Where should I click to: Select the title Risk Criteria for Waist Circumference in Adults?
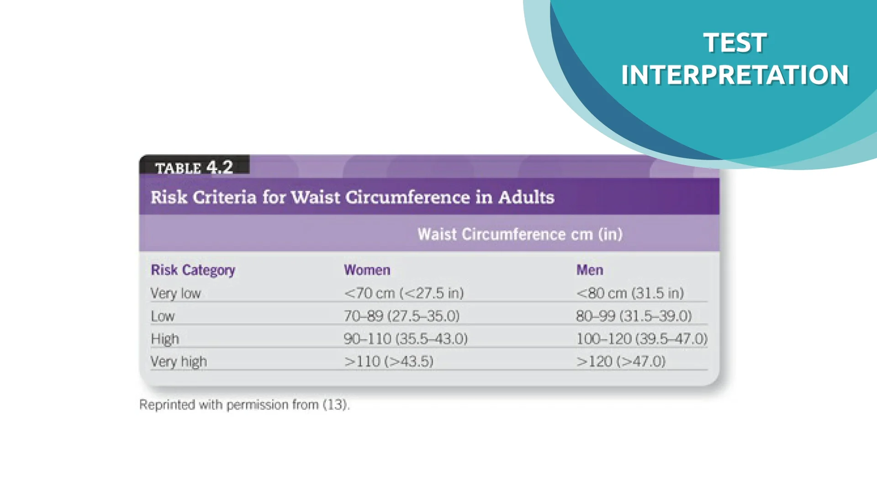(353, 197)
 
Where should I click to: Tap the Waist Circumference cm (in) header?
(520, 234)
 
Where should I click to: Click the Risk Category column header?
(193, 270)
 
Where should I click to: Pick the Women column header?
(367, 270)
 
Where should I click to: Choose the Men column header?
(590, 270)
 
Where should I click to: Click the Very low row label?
(176, 293)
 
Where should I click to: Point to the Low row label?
(163, 316)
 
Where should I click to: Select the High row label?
(165, 339)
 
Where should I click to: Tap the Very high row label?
(179, 362)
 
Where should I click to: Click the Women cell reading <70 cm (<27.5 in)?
(404, 293)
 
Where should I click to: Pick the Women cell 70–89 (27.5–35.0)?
(402, 316)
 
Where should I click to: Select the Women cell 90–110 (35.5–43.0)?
(406, 339)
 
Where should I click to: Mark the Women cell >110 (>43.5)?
(389, 361)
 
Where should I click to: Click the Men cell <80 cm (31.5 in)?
(630, 293)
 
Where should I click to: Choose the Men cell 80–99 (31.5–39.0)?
(634, 316)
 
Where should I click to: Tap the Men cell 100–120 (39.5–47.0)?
(642, 339)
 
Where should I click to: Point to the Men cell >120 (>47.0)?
(621, 361)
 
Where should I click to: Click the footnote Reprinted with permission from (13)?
(244, 405)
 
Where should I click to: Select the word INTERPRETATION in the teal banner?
(735, 75)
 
